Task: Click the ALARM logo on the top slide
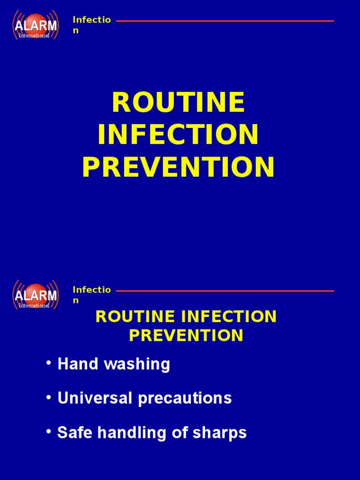[x=36, y=24]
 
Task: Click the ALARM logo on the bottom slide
[x=36, y=295]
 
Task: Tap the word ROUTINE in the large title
[x=178, y=103]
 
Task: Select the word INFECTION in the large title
[x=178, y=135]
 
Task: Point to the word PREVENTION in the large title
[x=178, y=167]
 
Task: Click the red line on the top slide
[x=225, y=21]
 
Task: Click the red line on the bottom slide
[x=225, y=291]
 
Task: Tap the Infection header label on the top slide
[x=91, y=25]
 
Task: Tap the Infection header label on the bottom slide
[x=91, y=295]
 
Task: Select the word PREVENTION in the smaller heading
[x=186, y=335]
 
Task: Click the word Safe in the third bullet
[x=72, y=433]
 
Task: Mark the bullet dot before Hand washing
[x=49, y=364]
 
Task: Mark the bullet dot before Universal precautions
[x=49, y=397]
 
